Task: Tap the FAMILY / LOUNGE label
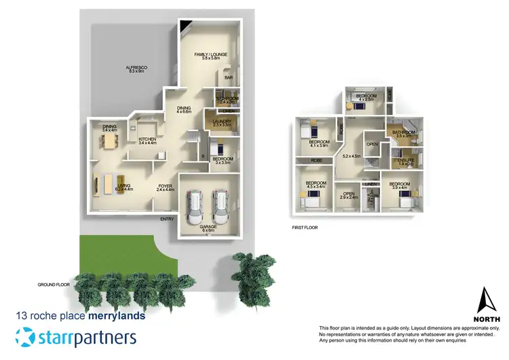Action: pyautogui.click(x=210, y=54)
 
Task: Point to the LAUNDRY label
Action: pyautogui.click(x=222, y=122)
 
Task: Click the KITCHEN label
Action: pyautogui.click(x=147, y=139)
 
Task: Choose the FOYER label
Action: pyautogui.click(x=166, y=186)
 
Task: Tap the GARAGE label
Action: pyautogui.click(x=208, y=227)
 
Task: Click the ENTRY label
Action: pyautogui.click(x=167, y=219)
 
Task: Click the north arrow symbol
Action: pyautogui.click(x=485, y=300)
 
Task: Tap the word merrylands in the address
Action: pyautogui.click(x=117, y=316)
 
